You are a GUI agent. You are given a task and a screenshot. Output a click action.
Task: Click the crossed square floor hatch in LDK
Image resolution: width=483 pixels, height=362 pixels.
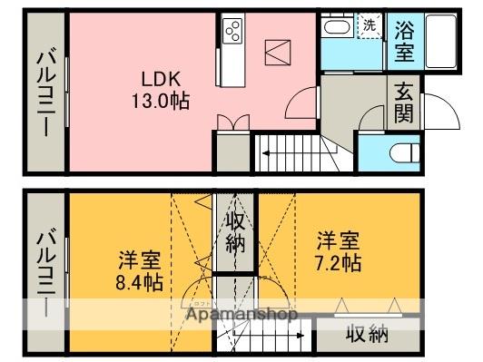tap(276, 52)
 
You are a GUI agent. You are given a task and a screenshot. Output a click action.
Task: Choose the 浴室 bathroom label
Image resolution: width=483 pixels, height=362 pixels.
tap(404, 39)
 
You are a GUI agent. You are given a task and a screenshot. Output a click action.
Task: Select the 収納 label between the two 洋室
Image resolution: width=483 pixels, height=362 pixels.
tap(234, 231)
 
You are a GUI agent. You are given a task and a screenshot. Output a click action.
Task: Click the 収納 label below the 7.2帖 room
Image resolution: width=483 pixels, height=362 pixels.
tap(367, 335)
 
